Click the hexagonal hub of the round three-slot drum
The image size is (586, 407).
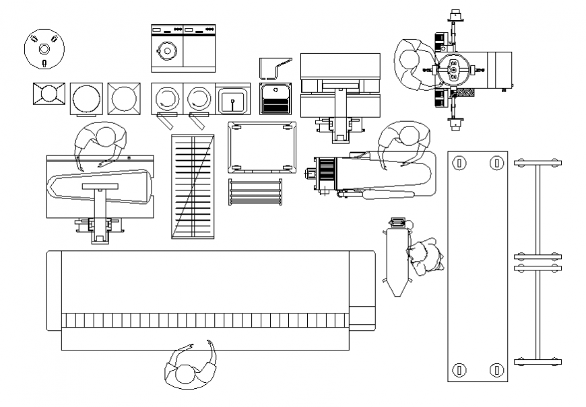[x=44, y=48]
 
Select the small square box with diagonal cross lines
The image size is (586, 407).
[x=49, y=96]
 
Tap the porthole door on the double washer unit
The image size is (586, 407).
[x=166, y=49]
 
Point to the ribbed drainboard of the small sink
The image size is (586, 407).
[x=275, y=106]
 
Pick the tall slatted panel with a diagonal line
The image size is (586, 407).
[x=193, y=186]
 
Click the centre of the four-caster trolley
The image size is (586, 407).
[x=262, y=147]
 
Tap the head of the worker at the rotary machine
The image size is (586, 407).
[x=408, y=59]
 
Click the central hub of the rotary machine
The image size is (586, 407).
[x=453, y=70]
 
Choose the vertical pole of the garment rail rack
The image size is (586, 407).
[x=538, y=262]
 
